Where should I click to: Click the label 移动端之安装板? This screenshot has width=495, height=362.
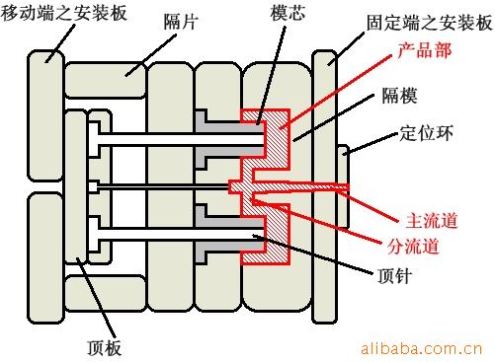tap(64, 13)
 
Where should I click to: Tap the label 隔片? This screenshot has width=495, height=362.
tap(181, 22)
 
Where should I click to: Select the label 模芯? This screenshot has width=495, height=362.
tap(288, 13)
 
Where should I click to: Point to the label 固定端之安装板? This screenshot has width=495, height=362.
tap(429, 23)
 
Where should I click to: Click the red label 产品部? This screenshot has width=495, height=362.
tap(424, 50)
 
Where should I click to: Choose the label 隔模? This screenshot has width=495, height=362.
tap(399, 96)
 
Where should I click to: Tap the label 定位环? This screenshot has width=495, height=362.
tap(426, 133)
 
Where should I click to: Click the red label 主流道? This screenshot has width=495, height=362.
tap(432, 220)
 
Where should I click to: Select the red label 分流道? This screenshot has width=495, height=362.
tap(413, 246)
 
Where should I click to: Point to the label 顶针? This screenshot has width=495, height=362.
tap(394, 275)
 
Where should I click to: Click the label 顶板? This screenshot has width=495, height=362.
tap(104, 347)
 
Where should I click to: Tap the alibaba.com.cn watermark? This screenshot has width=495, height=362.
tap(422, 348)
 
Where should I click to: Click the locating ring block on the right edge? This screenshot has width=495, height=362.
tap(343, 186)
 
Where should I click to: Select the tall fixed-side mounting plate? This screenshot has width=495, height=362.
tap(325, 186)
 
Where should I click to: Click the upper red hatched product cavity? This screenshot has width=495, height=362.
tap(270, 139)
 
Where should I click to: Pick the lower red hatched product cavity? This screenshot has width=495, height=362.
tap(270, 234)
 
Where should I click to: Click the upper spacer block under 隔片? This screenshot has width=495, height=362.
tap(106, 80)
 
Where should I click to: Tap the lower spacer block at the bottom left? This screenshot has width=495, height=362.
tap(106, 293)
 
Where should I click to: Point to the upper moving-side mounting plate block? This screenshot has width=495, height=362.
tap(45, 115)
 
